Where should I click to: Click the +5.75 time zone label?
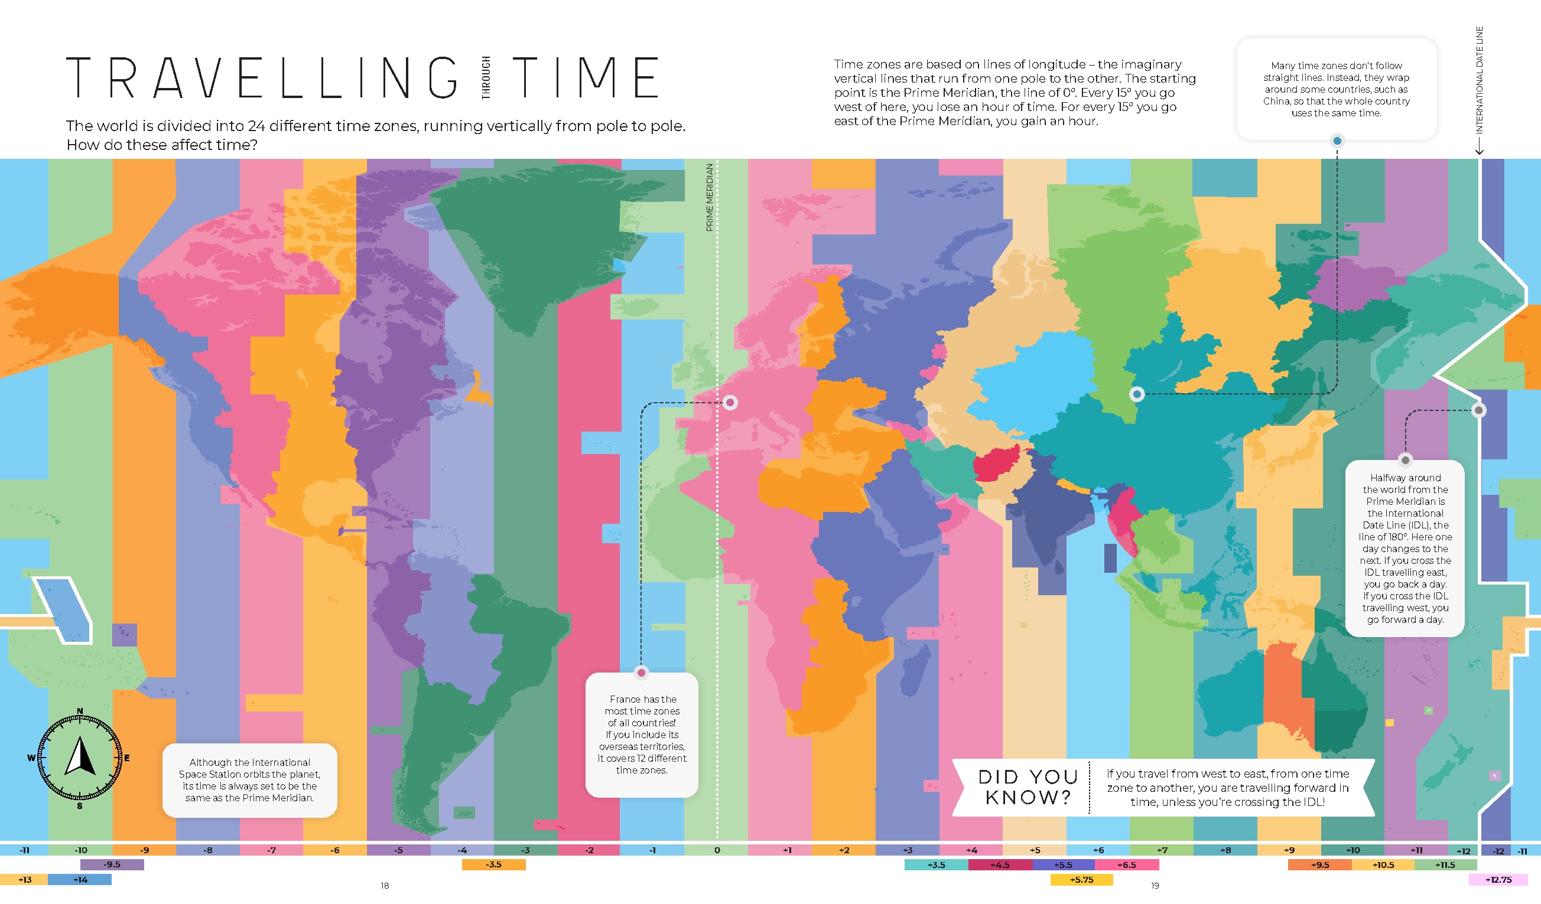pos(1081,880)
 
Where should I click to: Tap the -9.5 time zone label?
pos(112,864)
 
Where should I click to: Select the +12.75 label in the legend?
pos(1498,880)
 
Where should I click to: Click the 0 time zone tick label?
pos(717,850)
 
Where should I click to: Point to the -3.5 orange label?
pos(493,864)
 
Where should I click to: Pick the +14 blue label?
pos(80,880)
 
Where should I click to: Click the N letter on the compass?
pos(80,711)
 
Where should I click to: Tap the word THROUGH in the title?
pos(486,77)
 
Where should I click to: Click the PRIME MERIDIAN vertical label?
pos(710,197)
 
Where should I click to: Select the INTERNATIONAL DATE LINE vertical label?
pos(1479,80)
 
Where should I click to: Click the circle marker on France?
pos(730,402)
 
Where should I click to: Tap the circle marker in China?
pos(1137,394)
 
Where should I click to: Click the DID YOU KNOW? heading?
pos(1028,786)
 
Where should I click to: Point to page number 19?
pos(1155,885)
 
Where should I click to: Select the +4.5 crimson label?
pos(1000,864)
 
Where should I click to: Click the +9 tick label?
pos(1289,850)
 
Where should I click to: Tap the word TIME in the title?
pos(585,77)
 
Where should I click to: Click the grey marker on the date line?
pos(1478,410)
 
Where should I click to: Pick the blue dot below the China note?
pos(1337,141)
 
